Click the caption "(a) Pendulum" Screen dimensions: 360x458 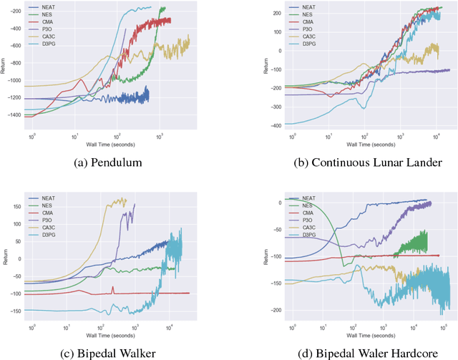click(x=109, y=162)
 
